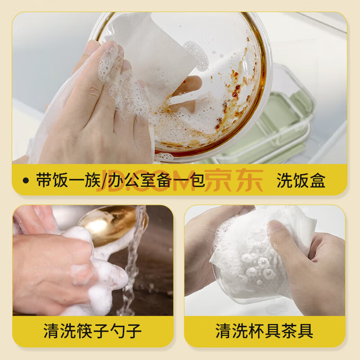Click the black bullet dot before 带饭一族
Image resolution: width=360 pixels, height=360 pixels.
(x=26, y=180)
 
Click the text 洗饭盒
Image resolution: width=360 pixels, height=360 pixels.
(x=301, y=180)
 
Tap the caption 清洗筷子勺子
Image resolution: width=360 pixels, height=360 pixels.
(x=93, y=331)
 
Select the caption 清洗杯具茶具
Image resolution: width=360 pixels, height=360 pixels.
(x=264, y=331)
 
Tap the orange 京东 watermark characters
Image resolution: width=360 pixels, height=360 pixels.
(x=234, y=180)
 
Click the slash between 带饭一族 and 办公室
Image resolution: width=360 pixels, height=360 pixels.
(x=104, y=181)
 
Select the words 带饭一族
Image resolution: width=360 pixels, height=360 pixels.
(x=68, y=180)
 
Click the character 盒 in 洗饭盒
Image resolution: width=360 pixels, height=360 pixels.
(x=318, y=180)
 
